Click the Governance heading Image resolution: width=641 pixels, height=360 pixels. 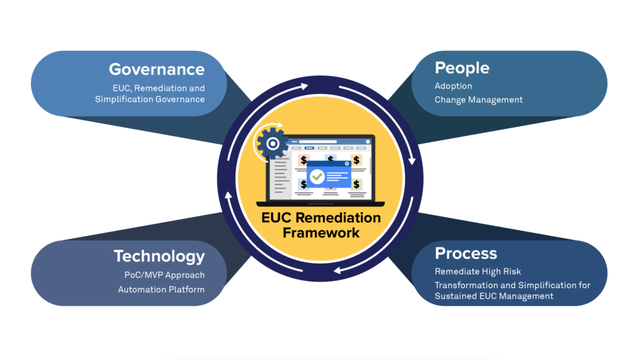[156, 69]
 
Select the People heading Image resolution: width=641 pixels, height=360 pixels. [462, 68]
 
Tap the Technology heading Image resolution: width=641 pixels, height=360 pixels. [159, 256]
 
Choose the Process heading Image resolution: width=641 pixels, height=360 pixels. [466, 253]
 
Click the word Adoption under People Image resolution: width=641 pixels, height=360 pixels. [453, 86]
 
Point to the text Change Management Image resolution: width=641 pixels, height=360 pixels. [478, 100]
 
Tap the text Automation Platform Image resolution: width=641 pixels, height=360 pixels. [161, 289]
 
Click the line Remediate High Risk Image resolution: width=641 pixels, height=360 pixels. [478, 272]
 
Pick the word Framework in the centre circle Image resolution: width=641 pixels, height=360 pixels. [320, 233]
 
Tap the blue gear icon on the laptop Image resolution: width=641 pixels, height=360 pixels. [272, 143]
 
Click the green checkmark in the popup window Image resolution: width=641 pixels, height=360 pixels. [317, 177]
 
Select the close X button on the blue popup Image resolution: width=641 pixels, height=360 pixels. [347, 163]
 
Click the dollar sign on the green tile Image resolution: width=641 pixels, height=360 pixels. [356, 184]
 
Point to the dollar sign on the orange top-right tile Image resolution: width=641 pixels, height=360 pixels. [356, 160]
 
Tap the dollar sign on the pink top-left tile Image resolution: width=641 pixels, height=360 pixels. [304, 160]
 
